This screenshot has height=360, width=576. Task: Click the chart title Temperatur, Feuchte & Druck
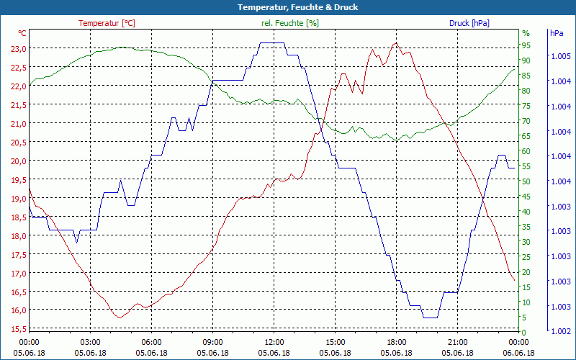(287, 7)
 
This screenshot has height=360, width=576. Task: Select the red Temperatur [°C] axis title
(107, 23)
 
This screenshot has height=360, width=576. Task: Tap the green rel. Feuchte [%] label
(290, 23)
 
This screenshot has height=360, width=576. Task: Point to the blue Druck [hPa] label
(469, 23)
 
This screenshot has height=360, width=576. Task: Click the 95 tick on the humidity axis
(526, 45)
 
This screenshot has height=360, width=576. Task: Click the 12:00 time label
(274, 342)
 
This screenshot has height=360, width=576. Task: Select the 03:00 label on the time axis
(91, 342)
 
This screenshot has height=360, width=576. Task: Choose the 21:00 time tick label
(458, 342)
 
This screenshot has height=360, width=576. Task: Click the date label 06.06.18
(519, 353)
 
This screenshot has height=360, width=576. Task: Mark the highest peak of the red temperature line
(395, 43)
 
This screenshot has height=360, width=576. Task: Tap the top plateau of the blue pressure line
(271, 43)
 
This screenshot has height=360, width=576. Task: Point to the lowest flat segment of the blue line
(430, 318)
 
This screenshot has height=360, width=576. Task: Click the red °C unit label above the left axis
(22, 33)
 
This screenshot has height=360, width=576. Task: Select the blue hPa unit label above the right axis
(557, 33)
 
